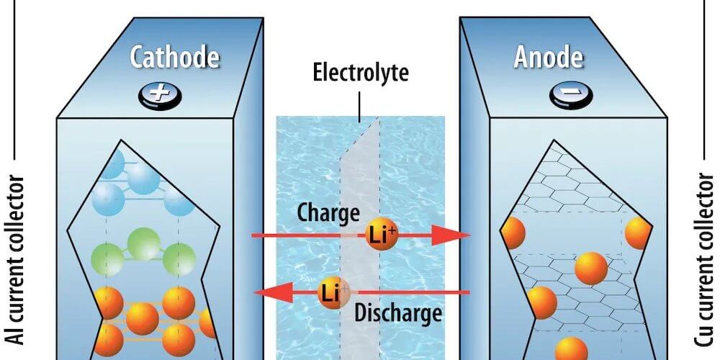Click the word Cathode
tap(174, 58)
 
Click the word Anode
tap(548, 58)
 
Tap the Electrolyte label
tap(360, 73)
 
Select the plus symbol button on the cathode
tap(160, 96)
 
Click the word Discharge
tap(398, 314)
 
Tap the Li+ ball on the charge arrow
tap(381, 234)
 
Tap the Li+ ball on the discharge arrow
tap(333, 292)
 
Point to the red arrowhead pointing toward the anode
tap(452, 235)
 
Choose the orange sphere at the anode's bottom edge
tap(571, 349)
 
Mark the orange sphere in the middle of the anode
tap(591, 268)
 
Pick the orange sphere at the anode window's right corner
tap(638, 233)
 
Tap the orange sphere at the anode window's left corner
tap(513, 233)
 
